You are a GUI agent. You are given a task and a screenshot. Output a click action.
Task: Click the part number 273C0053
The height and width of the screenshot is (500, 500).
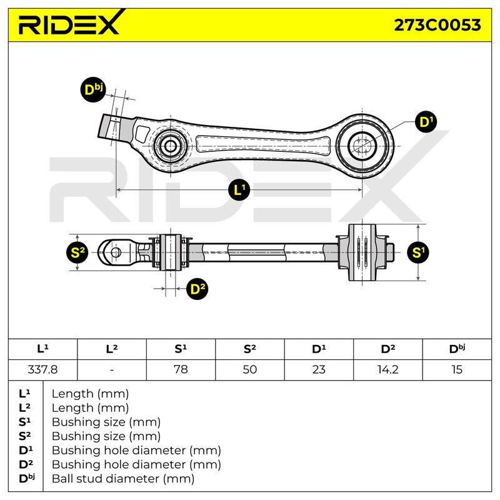(x=437, y=25)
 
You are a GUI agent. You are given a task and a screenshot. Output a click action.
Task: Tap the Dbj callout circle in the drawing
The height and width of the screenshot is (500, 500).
(x=92, y=89)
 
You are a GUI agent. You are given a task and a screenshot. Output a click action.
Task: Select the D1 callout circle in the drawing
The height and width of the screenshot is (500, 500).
(x=426, y=122)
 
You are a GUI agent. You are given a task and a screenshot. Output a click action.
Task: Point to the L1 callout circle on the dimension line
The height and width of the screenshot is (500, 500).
(x=239, y=190)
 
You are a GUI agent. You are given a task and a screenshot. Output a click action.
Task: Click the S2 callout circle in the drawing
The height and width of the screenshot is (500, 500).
(x=77, y=252)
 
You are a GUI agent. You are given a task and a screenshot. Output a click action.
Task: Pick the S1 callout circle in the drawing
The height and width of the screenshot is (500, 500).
(x=418, y=252)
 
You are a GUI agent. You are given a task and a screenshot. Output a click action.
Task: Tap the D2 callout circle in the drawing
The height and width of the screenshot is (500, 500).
(x=197, y=289)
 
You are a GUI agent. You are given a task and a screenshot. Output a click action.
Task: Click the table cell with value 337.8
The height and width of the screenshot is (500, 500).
(x=42, y=369)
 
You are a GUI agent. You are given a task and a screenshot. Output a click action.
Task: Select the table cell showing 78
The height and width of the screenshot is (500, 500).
(x=181, y=369)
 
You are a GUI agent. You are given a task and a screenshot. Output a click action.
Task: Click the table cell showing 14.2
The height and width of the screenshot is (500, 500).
(x=388, y=369)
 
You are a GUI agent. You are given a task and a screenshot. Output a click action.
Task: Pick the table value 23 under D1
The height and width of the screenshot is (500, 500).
(x=319, y=369)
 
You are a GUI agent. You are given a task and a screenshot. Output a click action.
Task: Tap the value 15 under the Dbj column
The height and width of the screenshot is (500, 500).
(x=457, y=369)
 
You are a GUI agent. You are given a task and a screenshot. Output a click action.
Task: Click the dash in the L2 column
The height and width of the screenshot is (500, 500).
(x=112, y=370)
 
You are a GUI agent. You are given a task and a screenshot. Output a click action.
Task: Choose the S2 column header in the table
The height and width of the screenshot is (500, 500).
(x=249, y=349)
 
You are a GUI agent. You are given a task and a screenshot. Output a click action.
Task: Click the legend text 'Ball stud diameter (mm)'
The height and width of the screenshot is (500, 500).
(x=123, y=479)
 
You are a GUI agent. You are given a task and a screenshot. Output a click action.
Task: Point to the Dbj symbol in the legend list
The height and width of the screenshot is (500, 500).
(x=27, y=478)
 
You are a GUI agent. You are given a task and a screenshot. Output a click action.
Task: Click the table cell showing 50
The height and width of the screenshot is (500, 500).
(x=249, y=369)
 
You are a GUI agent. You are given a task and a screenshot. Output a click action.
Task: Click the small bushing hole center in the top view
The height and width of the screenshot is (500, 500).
(x=170, y=146)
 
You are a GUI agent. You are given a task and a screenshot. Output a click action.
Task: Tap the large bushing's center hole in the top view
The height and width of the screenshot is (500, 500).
(x=362, y=146)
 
